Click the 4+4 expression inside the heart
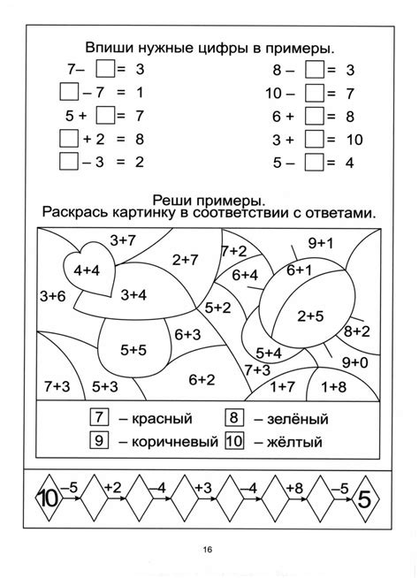(x=88, y=270)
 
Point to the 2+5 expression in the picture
(x=311, y=316)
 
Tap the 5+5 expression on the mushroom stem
(x=133, y=349)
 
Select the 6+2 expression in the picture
(x=201, y=379)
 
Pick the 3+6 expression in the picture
(x=52, y=296)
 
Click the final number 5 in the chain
(x=365, y=498)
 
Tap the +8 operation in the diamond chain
(x=295, y=486)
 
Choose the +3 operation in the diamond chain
(x=202, y=486)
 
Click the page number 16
(x=209, y=551)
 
